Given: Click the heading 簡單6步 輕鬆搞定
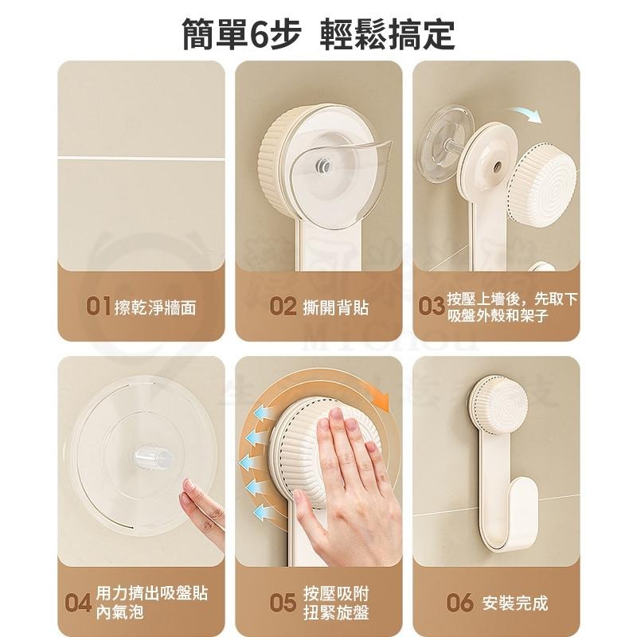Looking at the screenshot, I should [318, 33].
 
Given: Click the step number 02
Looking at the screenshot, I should [283, 307].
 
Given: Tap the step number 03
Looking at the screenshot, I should [430, 307].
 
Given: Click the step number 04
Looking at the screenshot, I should [78, 602].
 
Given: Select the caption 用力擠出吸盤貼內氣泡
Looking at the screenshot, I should [152, 602].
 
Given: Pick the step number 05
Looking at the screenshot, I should [283, 602].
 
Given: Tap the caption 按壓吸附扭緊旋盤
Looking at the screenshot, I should [335, 602].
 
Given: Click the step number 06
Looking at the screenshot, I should [459, 602].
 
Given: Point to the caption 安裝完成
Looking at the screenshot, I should [515, 602].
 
